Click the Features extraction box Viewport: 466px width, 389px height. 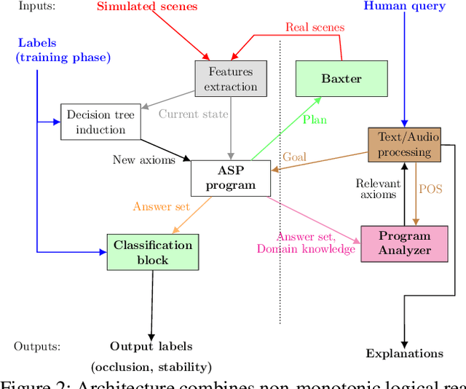point(231,79)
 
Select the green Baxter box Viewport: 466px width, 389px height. point(341,79)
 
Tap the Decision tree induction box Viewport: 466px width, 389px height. point(101,122)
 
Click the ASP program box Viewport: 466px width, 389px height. point(231,178)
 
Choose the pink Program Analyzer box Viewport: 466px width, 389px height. point(405,243)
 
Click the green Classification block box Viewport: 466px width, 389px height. point(152,252)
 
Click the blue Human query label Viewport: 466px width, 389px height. point(404,7)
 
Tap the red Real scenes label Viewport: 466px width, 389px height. point(315,28)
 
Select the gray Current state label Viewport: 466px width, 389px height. point(193,114)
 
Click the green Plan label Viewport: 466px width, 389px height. point(315,119)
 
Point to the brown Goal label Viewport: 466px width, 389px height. point(294,157)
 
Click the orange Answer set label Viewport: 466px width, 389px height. point(161,206)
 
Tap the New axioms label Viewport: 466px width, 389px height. point(143,160)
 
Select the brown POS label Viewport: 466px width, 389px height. point(430,189)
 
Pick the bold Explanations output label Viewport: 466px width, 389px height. point(404,353)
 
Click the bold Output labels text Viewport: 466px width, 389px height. point(151,346)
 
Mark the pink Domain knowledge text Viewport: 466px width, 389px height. point(306,249)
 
